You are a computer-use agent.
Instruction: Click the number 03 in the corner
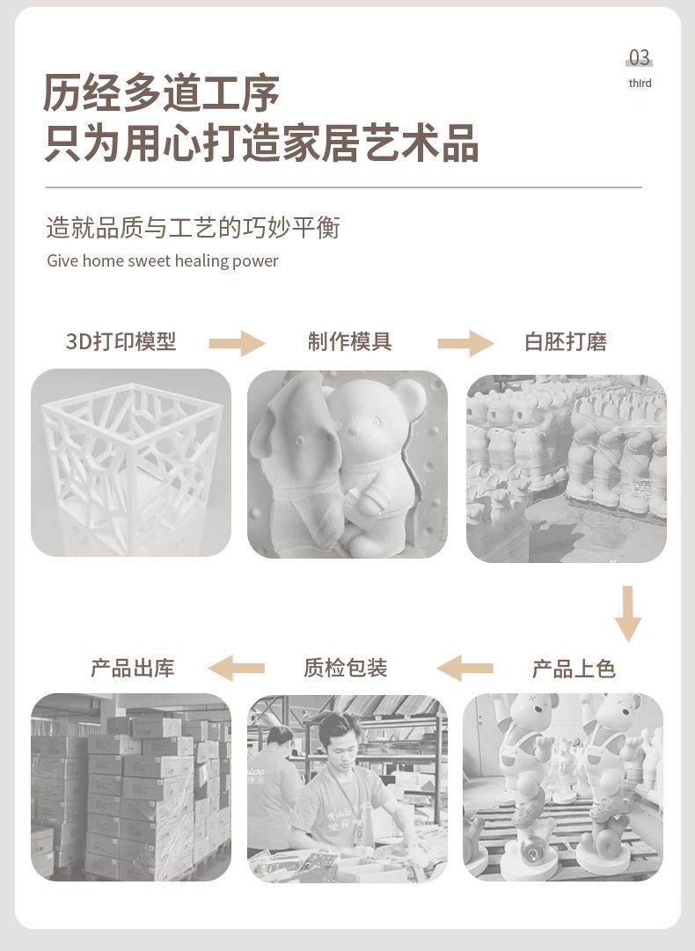click(x=640, y=57)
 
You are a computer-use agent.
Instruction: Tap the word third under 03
click(x=640, y=83)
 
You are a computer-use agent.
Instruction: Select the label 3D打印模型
click(x=121, y=341)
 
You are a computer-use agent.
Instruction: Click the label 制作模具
click(x=349, y=341)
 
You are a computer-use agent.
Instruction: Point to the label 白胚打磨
click(x=565, y=342)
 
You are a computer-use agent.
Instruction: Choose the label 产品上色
click(x=574, y=669)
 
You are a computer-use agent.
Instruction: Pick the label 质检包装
click(x=345, y=668)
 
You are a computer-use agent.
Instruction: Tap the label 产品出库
click(x=132, y=668)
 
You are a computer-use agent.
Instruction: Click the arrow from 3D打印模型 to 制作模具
click(x=238, y=343)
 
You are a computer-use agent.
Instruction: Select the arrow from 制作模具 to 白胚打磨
click(x=465, y=343)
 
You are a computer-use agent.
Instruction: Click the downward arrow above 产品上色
click(x=627, y=614)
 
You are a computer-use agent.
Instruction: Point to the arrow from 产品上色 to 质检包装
click(x=465, y=669)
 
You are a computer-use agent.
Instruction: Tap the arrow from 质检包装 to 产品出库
click(x=237, y=669)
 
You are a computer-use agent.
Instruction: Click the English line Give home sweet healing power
click(x=163, y=260)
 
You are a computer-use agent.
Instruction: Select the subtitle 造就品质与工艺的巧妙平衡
click(x=193, y=228)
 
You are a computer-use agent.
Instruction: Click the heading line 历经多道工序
click(x=161, y=92)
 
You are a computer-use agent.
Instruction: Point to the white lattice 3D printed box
click(x=131, y=464)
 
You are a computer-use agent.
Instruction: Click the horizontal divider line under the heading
click(x=343, y=187)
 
